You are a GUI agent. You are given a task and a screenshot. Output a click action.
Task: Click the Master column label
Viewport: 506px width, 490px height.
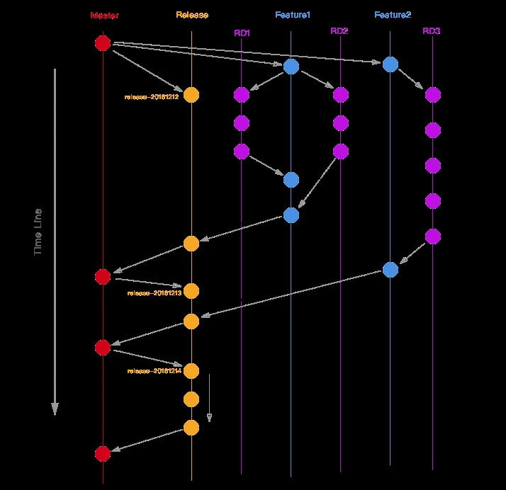point(104,15)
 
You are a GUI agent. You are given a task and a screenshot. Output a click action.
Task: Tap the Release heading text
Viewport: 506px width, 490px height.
point(192,15)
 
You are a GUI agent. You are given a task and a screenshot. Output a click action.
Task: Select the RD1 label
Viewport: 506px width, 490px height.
point(242,32)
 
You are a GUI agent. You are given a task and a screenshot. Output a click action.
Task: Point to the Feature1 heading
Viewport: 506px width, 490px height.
point(293,15)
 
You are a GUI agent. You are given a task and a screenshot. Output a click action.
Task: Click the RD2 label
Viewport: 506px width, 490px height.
point(339,30)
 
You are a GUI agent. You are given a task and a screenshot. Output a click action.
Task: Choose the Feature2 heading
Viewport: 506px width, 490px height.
point(393,15)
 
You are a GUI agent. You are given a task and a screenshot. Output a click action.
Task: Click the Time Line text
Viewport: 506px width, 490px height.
point(38,232)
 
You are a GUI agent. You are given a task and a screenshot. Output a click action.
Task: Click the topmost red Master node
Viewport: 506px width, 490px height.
point(103,43)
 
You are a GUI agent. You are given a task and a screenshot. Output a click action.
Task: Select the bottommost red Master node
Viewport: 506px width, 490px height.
point(103,453)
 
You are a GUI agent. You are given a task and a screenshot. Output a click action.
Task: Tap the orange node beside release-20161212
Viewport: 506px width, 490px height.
point(191,95)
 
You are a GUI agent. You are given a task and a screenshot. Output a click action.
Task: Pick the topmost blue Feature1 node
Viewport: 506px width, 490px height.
point(291,67)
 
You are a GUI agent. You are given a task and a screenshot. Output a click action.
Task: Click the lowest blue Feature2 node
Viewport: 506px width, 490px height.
point(390,269)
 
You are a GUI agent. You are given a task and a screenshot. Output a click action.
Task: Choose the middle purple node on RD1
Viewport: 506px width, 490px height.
point(242,123)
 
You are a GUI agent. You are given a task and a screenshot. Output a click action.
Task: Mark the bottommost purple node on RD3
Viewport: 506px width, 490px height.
point(432,236)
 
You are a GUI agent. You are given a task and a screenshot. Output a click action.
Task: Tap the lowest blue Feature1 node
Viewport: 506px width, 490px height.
point(291,215)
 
